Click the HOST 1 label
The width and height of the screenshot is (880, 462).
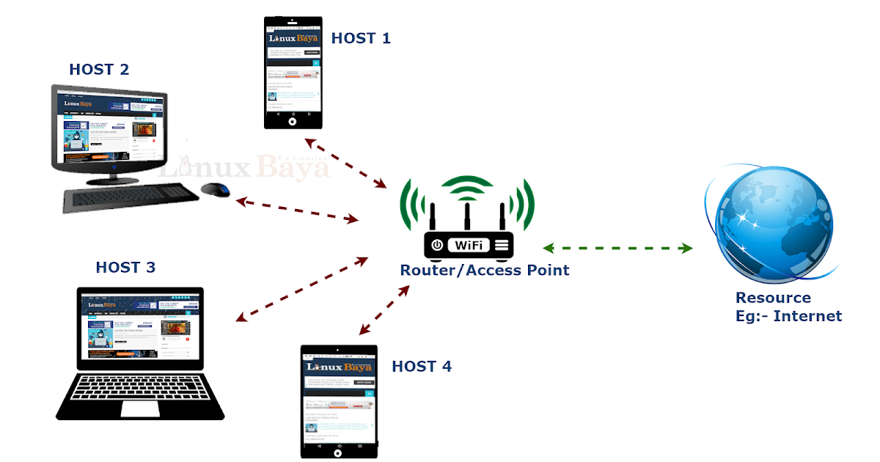click(361, 38)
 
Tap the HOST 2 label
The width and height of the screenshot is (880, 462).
click(99, 70)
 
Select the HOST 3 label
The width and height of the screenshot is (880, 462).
click(125, 268)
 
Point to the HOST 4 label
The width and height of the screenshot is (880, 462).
click(422, 366)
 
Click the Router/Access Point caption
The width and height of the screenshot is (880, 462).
click(484, 270)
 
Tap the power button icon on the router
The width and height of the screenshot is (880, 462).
click(437, 245)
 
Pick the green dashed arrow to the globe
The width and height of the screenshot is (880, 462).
click(617, 249)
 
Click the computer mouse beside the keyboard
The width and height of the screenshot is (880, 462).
click(215, 189)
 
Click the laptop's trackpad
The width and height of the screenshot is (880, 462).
click(140, 408)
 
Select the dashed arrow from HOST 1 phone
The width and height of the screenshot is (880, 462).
click(345, 162)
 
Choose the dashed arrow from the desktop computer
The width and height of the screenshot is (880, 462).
click(296, 209)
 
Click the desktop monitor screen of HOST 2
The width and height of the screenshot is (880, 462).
click(108, 127)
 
